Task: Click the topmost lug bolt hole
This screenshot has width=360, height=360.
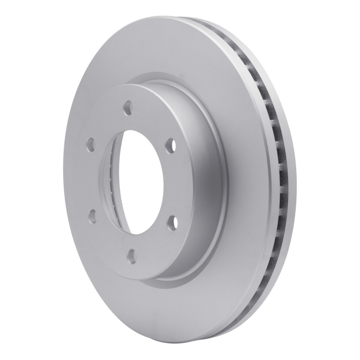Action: [128, 108]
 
